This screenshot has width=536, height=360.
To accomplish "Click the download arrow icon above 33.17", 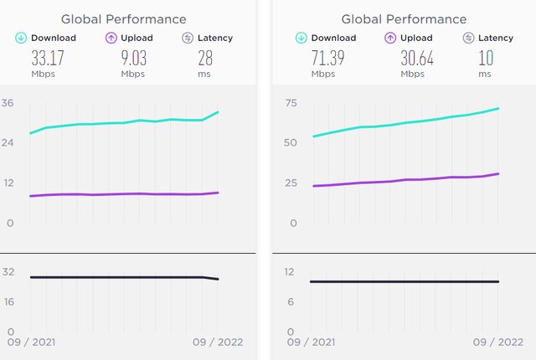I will [x=20, y=37].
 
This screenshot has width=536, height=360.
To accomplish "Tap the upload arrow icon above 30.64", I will [x=389, y=37].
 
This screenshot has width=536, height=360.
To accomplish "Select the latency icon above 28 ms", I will [x=188, y=37].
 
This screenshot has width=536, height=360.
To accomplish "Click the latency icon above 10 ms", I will [x=469, y=37].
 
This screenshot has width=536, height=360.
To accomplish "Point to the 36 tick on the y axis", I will [x=8, y=104].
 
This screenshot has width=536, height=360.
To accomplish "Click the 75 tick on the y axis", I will [x=291, y=104].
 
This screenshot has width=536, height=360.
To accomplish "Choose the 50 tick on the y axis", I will [x=291, y=143].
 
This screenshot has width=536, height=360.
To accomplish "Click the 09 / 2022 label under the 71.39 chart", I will [x=498, y=342].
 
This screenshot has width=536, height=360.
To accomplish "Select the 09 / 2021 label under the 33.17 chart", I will [x=31, y=342].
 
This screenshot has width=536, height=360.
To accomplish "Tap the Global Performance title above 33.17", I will [x=124, y=18].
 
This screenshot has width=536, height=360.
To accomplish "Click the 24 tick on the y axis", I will [x=8, y=143].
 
